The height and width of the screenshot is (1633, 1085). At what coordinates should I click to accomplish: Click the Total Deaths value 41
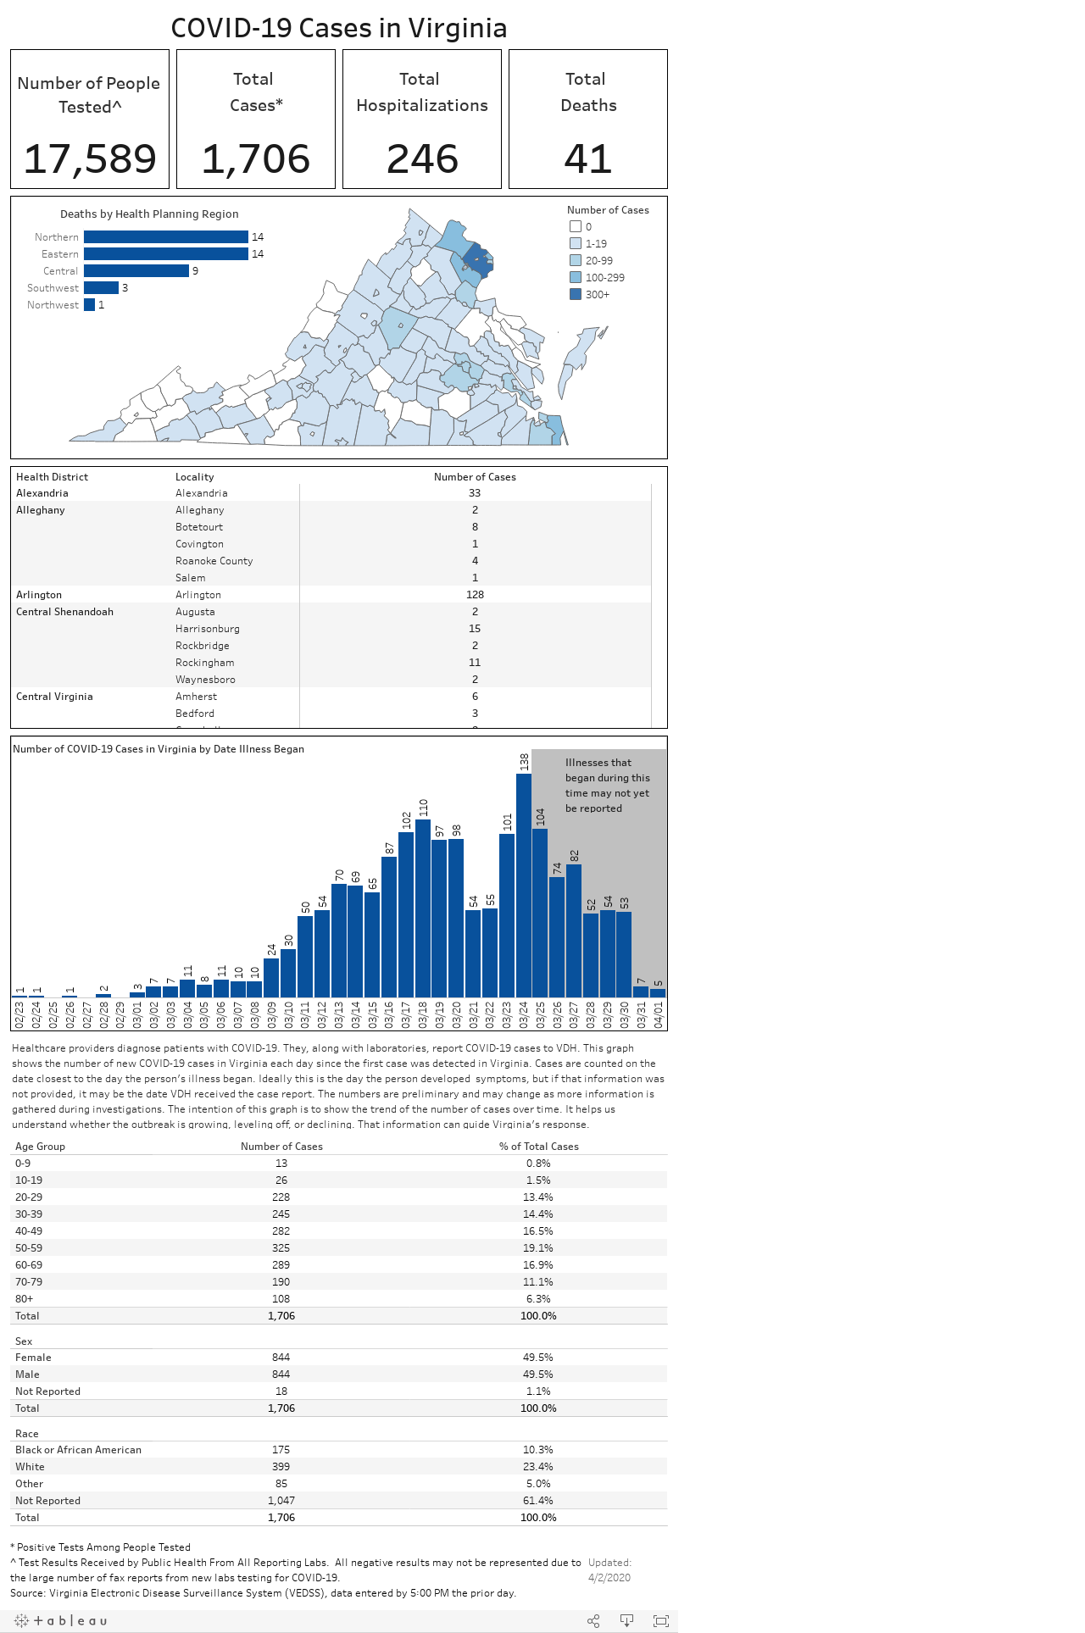click(x=588, y=158)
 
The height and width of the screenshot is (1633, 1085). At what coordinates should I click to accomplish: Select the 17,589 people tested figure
click(x=90, y=159)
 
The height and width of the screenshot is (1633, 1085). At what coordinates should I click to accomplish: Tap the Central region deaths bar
click(x=136, y=271)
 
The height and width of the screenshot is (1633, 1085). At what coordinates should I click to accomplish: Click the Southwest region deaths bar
click(x=101, y=288)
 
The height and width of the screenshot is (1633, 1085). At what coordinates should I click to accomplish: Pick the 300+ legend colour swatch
click(x=576, y=294)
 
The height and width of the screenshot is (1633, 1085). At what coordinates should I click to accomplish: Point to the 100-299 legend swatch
click(x=576, y=277)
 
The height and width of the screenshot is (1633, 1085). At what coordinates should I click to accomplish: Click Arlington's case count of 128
click(x=475, y=595)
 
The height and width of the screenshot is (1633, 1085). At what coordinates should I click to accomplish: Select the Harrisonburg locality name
click(x=208, y=629)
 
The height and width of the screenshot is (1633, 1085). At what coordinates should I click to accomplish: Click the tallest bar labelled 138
click(x=524, y=885)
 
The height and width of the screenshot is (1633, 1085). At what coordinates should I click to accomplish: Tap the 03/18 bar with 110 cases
click(x=423, y=908)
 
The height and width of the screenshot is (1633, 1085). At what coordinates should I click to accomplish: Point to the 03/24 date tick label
click(x=524, y=1014)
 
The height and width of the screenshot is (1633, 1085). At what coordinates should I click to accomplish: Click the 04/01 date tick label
click(x=658, y=1014)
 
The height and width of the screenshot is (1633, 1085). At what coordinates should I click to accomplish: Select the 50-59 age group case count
click(x=281, y=1248)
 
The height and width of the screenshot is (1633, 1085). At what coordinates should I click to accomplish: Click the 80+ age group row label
click(x=25, y=1299)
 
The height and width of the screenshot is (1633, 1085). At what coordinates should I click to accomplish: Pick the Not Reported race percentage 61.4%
click(x=538, y=1501)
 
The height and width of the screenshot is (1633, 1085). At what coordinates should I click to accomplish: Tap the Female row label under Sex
click(x=33, y=1358)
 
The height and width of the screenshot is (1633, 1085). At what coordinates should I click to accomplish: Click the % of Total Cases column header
click(x=539, y=1147)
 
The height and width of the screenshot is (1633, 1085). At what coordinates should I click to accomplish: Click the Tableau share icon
click(x=593, y=1621)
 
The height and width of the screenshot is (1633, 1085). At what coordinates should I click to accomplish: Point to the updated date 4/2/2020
click(x=609, y=1578)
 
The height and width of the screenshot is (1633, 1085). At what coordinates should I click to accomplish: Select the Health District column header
click(x=53, y=477)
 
